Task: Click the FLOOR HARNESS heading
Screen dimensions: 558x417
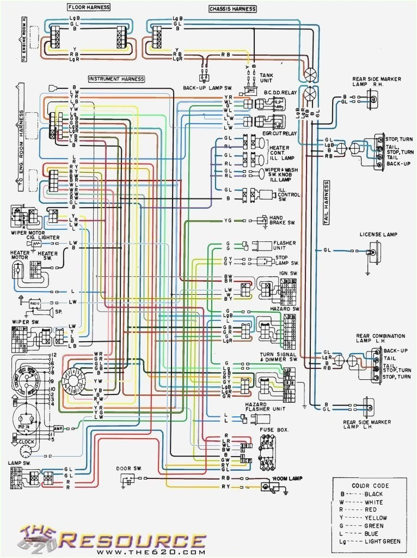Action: (88, 7)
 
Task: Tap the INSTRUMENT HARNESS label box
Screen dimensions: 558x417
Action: (116, 79)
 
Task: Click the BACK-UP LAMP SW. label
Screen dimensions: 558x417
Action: (204, 88)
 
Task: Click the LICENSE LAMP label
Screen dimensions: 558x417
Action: (378, 234)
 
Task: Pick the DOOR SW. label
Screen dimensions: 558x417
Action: (128, 468)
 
